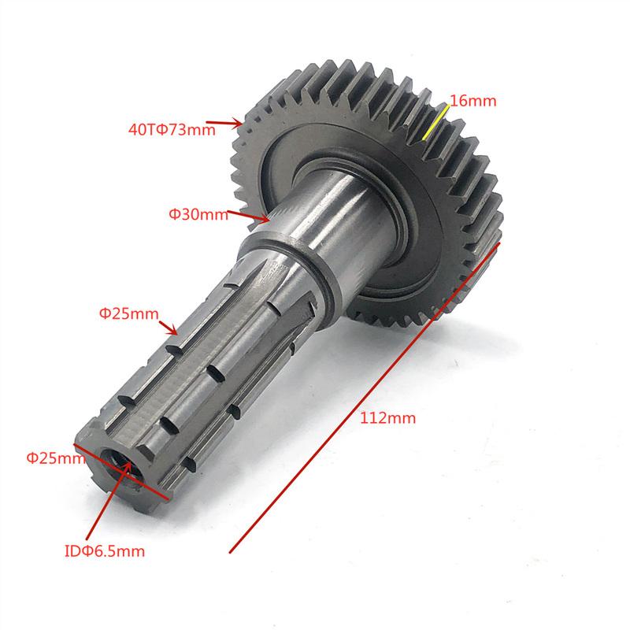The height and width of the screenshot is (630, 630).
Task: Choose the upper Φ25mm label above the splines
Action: click(128, 313)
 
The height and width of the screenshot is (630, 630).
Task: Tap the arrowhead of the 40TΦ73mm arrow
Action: click(241, 124)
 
